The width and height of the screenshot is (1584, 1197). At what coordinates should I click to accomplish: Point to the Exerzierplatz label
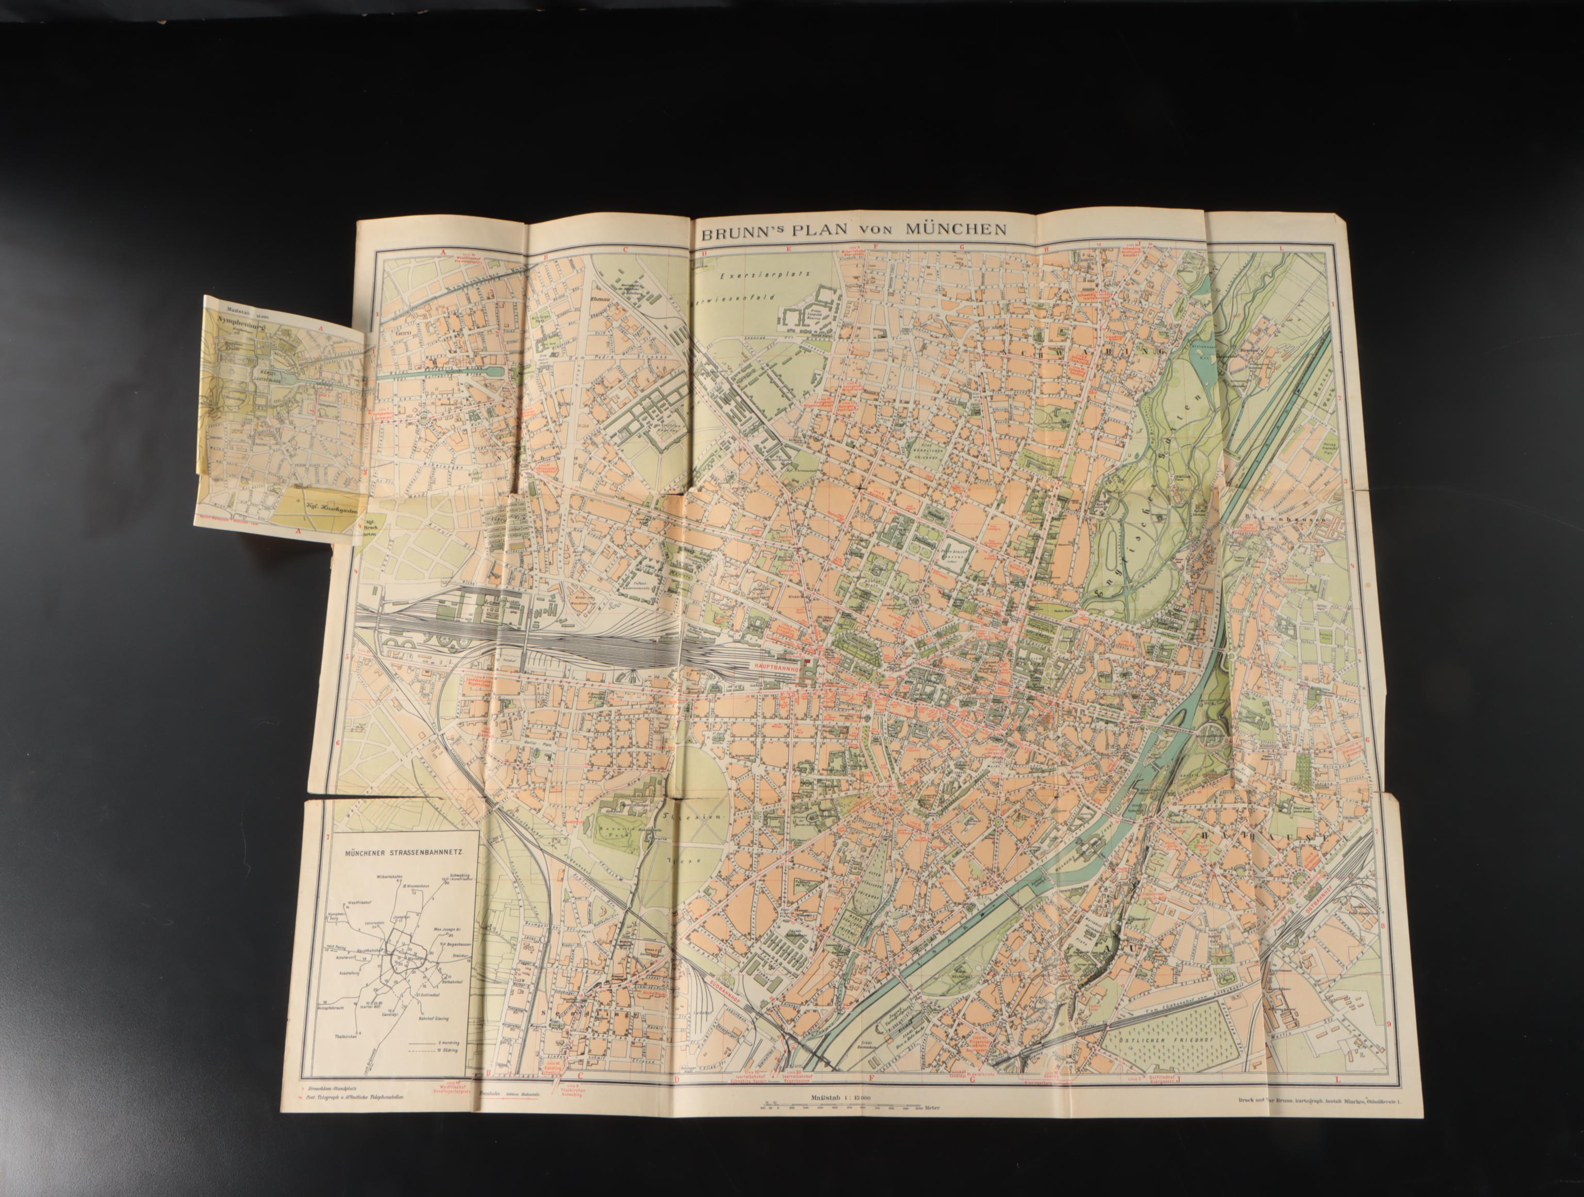pyautogui.click(x=749, y=274)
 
